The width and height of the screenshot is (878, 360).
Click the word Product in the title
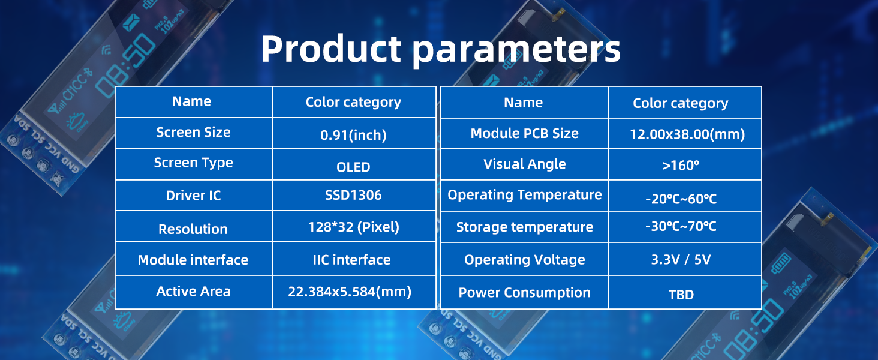click(331, 49)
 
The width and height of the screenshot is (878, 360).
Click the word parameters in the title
click(516, 52)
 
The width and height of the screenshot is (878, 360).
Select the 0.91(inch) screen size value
click(353, 135)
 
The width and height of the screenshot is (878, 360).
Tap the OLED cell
click(353, 167)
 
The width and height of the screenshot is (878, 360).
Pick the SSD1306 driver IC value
click(353, 195)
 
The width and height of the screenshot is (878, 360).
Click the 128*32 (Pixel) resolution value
click(354, 227)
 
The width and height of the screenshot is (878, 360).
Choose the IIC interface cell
click(351, 260)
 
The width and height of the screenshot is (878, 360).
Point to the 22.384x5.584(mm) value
click(350, 292)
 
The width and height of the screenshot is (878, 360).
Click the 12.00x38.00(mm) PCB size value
click(687, 134)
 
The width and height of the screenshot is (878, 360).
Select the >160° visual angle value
click(681, 165)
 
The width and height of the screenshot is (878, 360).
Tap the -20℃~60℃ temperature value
click(681, 199)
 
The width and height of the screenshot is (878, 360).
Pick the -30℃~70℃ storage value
click(681, 226)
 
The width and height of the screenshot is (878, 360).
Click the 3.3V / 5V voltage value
click(681, 259)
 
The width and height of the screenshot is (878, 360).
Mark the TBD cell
click(681, 295)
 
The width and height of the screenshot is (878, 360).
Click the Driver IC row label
click(193, 195)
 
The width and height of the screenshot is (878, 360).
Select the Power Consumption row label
click(524, 293)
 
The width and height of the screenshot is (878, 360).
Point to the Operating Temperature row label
click(524, 195)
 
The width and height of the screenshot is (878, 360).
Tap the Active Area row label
click(193, 292)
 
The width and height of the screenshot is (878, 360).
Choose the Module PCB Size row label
click(524, 133)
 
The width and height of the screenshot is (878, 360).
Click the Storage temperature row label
click(524, 227)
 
